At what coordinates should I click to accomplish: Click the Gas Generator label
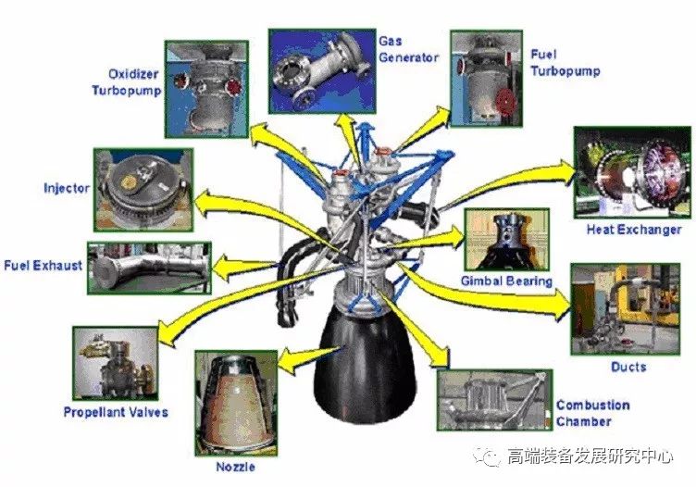coord(408,50)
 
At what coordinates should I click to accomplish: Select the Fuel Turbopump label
coord(565,63)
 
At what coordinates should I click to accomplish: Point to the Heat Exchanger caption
coord(634,230)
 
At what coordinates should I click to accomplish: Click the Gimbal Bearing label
coord(506,281)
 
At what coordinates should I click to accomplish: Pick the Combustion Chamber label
coord(592,413)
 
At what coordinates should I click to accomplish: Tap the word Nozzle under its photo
coord(236,467)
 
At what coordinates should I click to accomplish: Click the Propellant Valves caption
coord(116,411)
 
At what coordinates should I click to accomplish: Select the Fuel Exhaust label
coord(43,266)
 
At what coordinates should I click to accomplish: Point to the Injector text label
coord(67,189)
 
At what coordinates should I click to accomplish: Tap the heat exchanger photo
coord(628,173)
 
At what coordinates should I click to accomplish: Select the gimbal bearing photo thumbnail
coord(505,240)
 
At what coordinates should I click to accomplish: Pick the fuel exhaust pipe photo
coord(148,268)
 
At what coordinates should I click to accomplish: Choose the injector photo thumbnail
coord(143,189)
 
